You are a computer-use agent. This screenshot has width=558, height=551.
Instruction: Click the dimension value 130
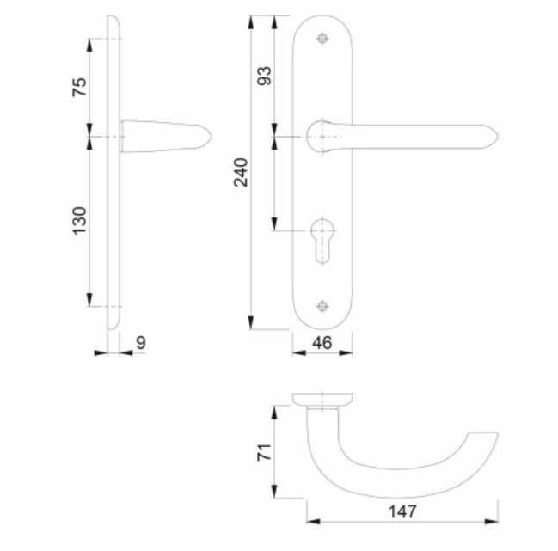(79, 220)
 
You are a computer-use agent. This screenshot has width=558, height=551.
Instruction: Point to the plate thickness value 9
(141, 342)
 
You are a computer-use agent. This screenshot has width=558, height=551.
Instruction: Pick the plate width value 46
(322, 344)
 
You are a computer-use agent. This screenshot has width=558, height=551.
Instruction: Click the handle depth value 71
(265, 452)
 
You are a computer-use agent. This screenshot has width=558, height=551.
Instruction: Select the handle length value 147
(402, 512)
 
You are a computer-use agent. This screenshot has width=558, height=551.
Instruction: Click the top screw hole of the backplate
(322, 40)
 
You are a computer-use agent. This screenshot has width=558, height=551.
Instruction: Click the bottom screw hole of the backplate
(322, 307)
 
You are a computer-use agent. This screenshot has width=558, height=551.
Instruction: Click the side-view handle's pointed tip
(211, 136)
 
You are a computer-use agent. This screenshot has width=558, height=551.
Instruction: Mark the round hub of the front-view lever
(321, 135)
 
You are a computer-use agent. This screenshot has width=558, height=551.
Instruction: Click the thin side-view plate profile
(113, 172)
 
